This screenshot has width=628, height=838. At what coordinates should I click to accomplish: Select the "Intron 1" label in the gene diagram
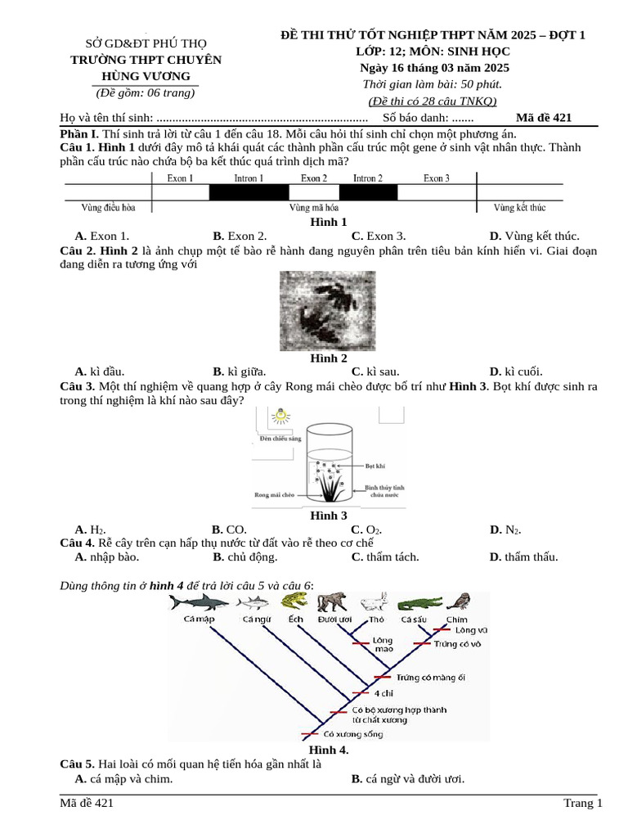[x=249, y=178]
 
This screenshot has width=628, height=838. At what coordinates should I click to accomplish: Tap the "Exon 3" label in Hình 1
[x=437, y=178]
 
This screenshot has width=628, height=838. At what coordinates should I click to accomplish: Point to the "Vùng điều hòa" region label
[x=109, y=208]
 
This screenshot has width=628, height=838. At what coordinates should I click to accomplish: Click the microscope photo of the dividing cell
[x=328, y=311]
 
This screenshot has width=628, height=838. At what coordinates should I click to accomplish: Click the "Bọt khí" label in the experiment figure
[x=375, y=464]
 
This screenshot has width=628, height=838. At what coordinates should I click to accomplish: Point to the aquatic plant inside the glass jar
[x=330, y=483]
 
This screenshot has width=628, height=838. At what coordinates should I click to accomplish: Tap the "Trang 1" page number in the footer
[x=582, y=803]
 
